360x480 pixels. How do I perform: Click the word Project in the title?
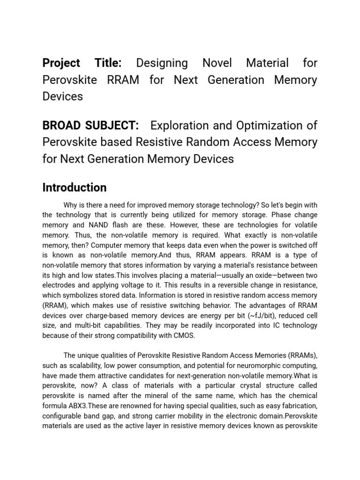click(x=61, y=63)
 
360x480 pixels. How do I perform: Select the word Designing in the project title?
click(x=162, y=63)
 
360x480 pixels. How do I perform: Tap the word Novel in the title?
click(x=219, y=63)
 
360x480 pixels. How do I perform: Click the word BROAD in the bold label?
click(x=62, y=126)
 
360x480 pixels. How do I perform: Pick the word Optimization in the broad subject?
click(x=272, y=126)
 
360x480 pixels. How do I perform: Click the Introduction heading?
click(x=75, y=187)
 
